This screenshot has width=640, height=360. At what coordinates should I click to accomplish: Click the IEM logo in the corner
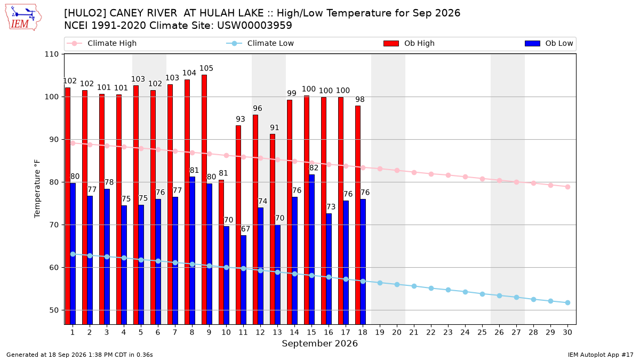coord(23,18)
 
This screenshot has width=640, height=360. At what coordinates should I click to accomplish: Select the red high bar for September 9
coord(204,199)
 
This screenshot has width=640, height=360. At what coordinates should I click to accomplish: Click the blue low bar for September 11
coord(243,279)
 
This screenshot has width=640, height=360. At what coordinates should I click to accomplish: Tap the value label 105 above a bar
coord(206,68)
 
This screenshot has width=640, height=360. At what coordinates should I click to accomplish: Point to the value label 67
coord(245,229)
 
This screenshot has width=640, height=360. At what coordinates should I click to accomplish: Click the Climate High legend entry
coord(102,43)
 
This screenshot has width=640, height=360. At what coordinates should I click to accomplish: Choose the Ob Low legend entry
coord(549,43)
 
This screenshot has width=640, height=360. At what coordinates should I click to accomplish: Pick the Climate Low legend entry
coord(260,43)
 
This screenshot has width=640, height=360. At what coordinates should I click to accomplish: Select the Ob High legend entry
coord(409,43)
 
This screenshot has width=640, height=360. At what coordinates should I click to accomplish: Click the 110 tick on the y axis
coord(51,54)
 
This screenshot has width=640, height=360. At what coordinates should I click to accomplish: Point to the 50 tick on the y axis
coord(54,310)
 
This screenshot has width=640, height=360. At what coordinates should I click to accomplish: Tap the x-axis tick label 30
coord(567,332)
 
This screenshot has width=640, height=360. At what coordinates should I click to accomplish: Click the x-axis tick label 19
coord(380,332)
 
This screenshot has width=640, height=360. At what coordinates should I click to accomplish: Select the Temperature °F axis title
coord(37,189)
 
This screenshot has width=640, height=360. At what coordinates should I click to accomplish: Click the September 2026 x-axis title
coord(319,343)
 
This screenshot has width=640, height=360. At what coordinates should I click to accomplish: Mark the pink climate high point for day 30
coord(567,187)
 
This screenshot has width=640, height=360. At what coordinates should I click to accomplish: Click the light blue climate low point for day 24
coord(465,292)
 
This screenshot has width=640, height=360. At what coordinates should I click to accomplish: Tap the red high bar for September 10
coord(221,252)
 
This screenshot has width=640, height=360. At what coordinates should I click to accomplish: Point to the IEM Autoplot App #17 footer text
coord(601,355)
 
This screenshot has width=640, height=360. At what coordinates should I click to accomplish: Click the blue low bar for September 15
coord(311,250)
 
